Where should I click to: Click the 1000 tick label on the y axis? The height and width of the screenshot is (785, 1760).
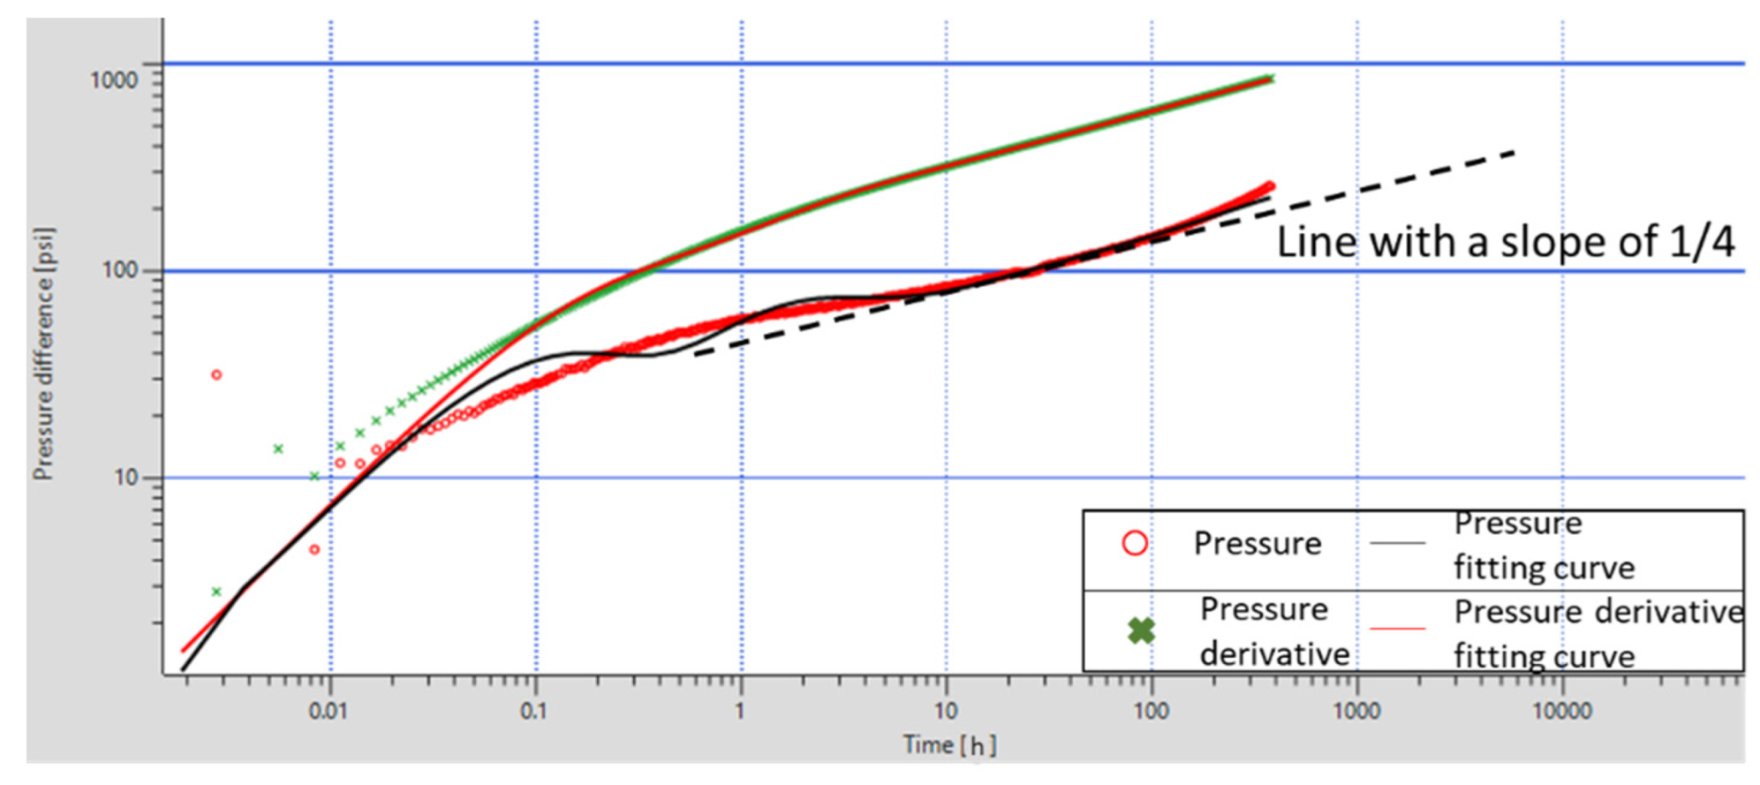114,80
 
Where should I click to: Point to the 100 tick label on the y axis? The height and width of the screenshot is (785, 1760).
119,271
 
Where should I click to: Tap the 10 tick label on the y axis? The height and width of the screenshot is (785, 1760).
125,477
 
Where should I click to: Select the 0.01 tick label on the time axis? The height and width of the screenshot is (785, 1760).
327,711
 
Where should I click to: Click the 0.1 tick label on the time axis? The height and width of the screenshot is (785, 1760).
533,711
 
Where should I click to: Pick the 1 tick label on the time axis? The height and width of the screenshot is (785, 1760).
740,711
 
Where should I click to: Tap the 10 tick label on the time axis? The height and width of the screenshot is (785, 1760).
945,711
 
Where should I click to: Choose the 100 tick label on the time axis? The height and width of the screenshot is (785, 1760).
1150,711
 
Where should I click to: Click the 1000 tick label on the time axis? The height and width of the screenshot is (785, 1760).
1356,711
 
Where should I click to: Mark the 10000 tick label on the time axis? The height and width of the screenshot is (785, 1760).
1562,711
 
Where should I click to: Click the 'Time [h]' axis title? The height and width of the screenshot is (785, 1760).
949,745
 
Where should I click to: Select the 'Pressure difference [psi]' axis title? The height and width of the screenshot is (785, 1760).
44,353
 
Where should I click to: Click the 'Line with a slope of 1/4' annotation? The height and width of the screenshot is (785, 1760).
1505,242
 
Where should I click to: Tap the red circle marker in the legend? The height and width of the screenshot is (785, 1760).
1134,543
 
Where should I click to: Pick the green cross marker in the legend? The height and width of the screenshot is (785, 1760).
1141,630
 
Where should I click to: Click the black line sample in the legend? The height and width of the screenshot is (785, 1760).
1398,543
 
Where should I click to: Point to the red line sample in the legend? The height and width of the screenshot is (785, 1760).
1398,629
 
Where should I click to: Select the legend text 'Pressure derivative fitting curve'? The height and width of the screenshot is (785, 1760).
1598,634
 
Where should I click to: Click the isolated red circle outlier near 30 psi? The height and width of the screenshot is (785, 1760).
216,375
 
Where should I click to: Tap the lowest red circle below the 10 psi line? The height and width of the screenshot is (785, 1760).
314,550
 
